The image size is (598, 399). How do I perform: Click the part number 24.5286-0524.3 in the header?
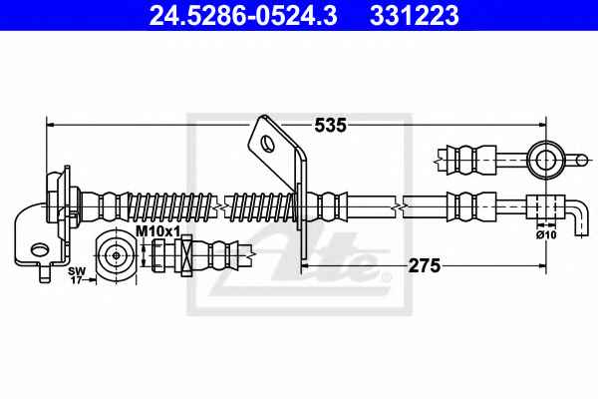[243, 16]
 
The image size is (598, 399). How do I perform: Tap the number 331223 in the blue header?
[415, 16]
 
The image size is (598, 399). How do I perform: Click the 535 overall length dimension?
[330, 125]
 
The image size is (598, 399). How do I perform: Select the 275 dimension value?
[425, 265]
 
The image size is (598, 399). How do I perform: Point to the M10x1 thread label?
[157, 231]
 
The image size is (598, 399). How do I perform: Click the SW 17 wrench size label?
[77, 275]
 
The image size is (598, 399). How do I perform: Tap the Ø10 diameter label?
[546, 234]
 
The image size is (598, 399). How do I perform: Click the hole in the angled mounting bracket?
[268, 145]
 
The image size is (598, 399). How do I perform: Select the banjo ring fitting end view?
[546, 160]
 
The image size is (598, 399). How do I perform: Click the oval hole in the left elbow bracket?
[40, 250]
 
